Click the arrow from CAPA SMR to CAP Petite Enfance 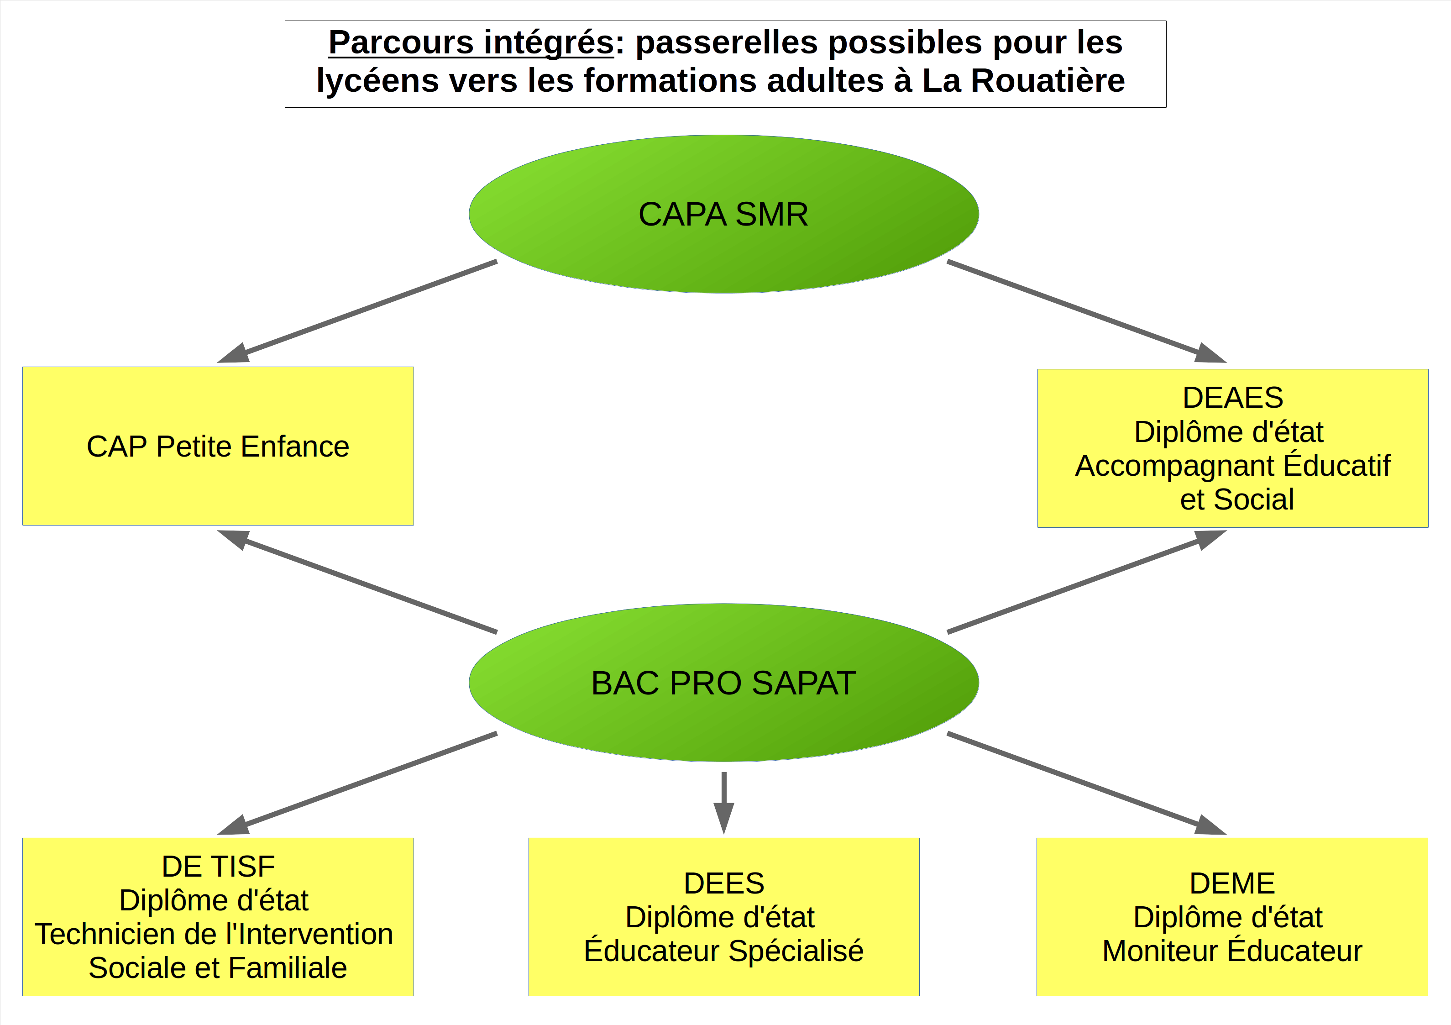click(x=370, y=307)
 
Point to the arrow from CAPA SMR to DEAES click(x=1074, y=307)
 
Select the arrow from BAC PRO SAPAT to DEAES click(x=1074, y=585)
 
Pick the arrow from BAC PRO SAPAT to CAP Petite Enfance click(x=370, y=585)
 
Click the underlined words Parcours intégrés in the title click(x=471, y=43)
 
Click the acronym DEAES click(x=1232, y=398)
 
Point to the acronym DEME click(x=1232, y=883)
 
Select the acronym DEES click(x=723, y=883)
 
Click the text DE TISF click(x=218, y=866)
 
